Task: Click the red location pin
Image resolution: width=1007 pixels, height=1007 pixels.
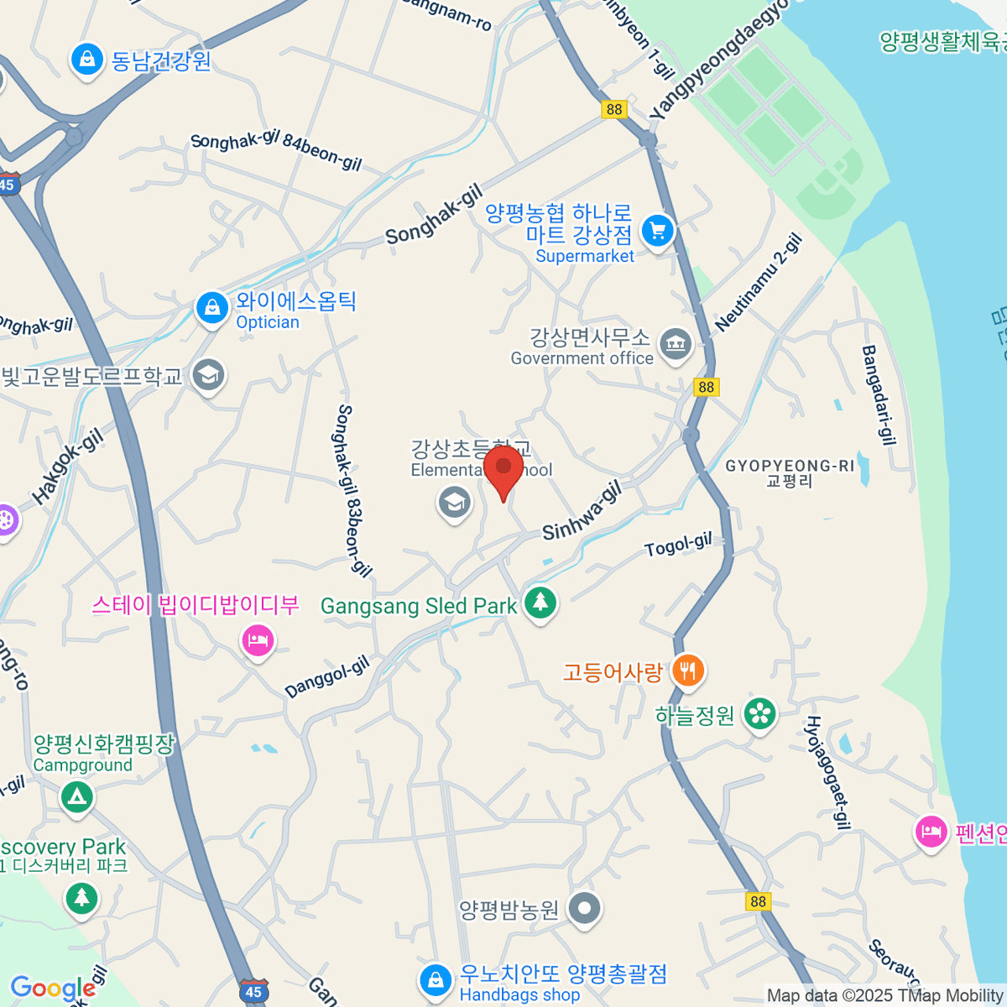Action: click(503, 468)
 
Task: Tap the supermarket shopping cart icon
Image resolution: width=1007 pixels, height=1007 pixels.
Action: click(657, 231)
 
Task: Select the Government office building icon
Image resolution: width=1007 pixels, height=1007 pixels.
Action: click(676, 343)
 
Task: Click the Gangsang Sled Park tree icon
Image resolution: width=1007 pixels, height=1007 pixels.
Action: click(540, 602)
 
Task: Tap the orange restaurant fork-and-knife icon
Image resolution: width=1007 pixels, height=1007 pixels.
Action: click(688, 670)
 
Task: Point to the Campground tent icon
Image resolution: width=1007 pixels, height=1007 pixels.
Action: click(77, 795)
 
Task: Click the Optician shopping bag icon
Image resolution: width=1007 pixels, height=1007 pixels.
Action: click(212, 308)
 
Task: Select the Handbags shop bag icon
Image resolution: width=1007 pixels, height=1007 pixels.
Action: click(435, 979)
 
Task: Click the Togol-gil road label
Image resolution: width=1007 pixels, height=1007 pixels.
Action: click(678, 545)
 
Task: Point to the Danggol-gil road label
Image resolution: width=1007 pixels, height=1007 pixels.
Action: click(327, 677)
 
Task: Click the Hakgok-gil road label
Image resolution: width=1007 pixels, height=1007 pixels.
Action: click(68, 466)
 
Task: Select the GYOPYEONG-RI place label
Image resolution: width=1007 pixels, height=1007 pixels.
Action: click(790, 472)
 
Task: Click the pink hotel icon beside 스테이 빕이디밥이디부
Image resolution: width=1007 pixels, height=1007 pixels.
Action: click(258, 642)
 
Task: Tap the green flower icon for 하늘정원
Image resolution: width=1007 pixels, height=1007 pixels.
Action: click(760, 714)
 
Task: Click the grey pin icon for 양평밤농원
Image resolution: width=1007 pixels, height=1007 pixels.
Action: click(584, 908)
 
